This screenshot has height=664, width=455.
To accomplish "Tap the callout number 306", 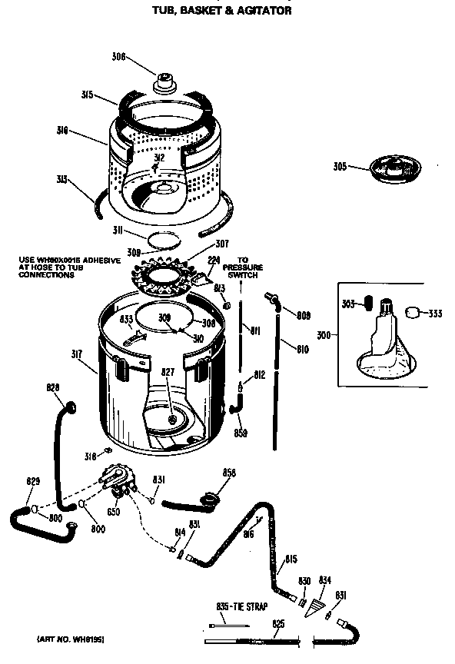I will point(118,55).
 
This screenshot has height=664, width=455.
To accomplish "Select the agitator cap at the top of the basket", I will point(164,81).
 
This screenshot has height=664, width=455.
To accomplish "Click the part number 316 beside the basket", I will point(62,131).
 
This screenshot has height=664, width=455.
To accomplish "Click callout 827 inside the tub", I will point(168,373).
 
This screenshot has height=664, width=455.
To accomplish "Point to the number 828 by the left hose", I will point(53,387).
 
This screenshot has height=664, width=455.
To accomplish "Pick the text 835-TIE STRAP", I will point(241,606).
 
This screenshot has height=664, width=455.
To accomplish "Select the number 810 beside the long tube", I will point(302,350).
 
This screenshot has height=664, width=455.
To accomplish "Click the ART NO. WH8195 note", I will point(70,639).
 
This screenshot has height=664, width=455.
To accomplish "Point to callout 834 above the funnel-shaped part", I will point(324,581).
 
